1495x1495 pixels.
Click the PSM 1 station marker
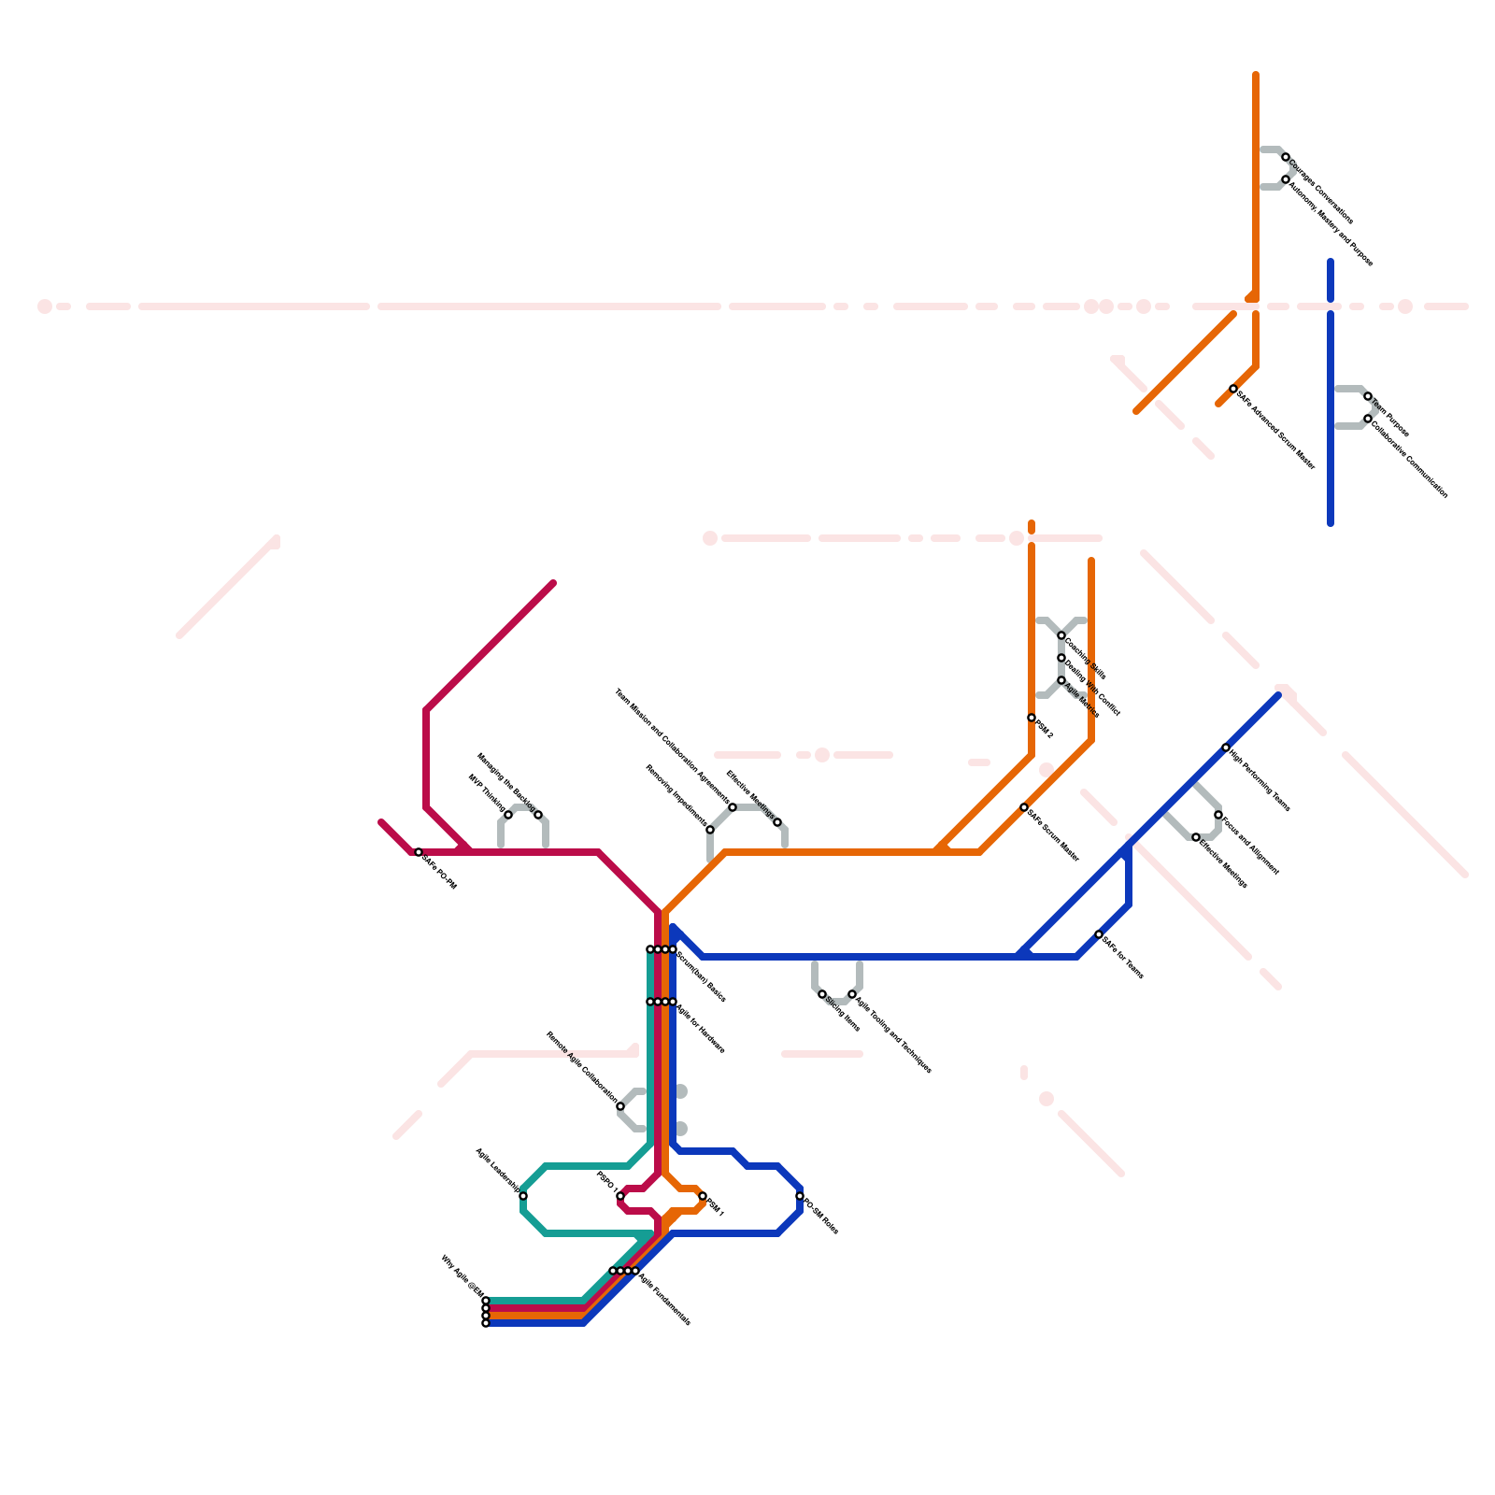click(703, 1196)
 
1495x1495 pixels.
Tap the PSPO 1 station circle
click(620, 1196)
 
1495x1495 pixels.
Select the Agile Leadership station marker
click(523, 1196)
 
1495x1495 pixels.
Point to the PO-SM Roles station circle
click(800, 1196)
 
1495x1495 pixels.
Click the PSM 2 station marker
click(1032, 718)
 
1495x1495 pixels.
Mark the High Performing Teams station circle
click(1226, 747)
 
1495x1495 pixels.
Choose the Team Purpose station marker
click(1368, 396)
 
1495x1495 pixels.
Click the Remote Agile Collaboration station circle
click(620, 1106)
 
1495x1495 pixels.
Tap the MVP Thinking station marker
click(508, 815)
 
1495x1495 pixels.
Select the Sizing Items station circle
click(822, 994)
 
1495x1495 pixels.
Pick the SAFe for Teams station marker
click(1099, 934)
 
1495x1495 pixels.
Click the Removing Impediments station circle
click(710, 830)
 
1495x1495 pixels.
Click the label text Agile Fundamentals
click(665, 1298)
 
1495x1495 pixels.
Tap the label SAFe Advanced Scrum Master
click(1276, 430)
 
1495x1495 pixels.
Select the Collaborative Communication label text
click(1410, 458)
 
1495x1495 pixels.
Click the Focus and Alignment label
click(1251, 847)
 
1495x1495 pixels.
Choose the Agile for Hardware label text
click(701, 1029)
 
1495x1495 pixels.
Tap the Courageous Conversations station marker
click(1286, 157)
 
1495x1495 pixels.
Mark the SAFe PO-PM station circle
click(419, 852)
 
